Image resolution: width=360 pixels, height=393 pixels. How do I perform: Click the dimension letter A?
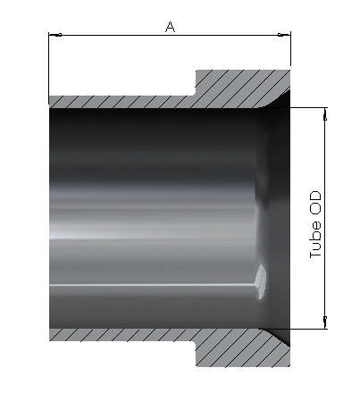[x=170, y=27]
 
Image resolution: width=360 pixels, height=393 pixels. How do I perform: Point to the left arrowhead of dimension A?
[x=54, y=36]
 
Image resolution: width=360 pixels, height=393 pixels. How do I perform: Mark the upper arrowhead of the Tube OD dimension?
[x=324, y=113]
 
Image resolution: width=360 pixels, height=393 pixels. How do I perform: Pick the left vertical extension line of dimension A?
[x=49, y=67]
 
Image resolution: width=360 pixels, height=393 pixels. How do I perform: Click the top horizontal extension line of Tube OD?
[x=308, y=108]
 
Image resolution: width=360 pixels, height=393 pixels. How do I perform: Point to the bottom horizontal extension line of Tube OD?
[x=308, y=328]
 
